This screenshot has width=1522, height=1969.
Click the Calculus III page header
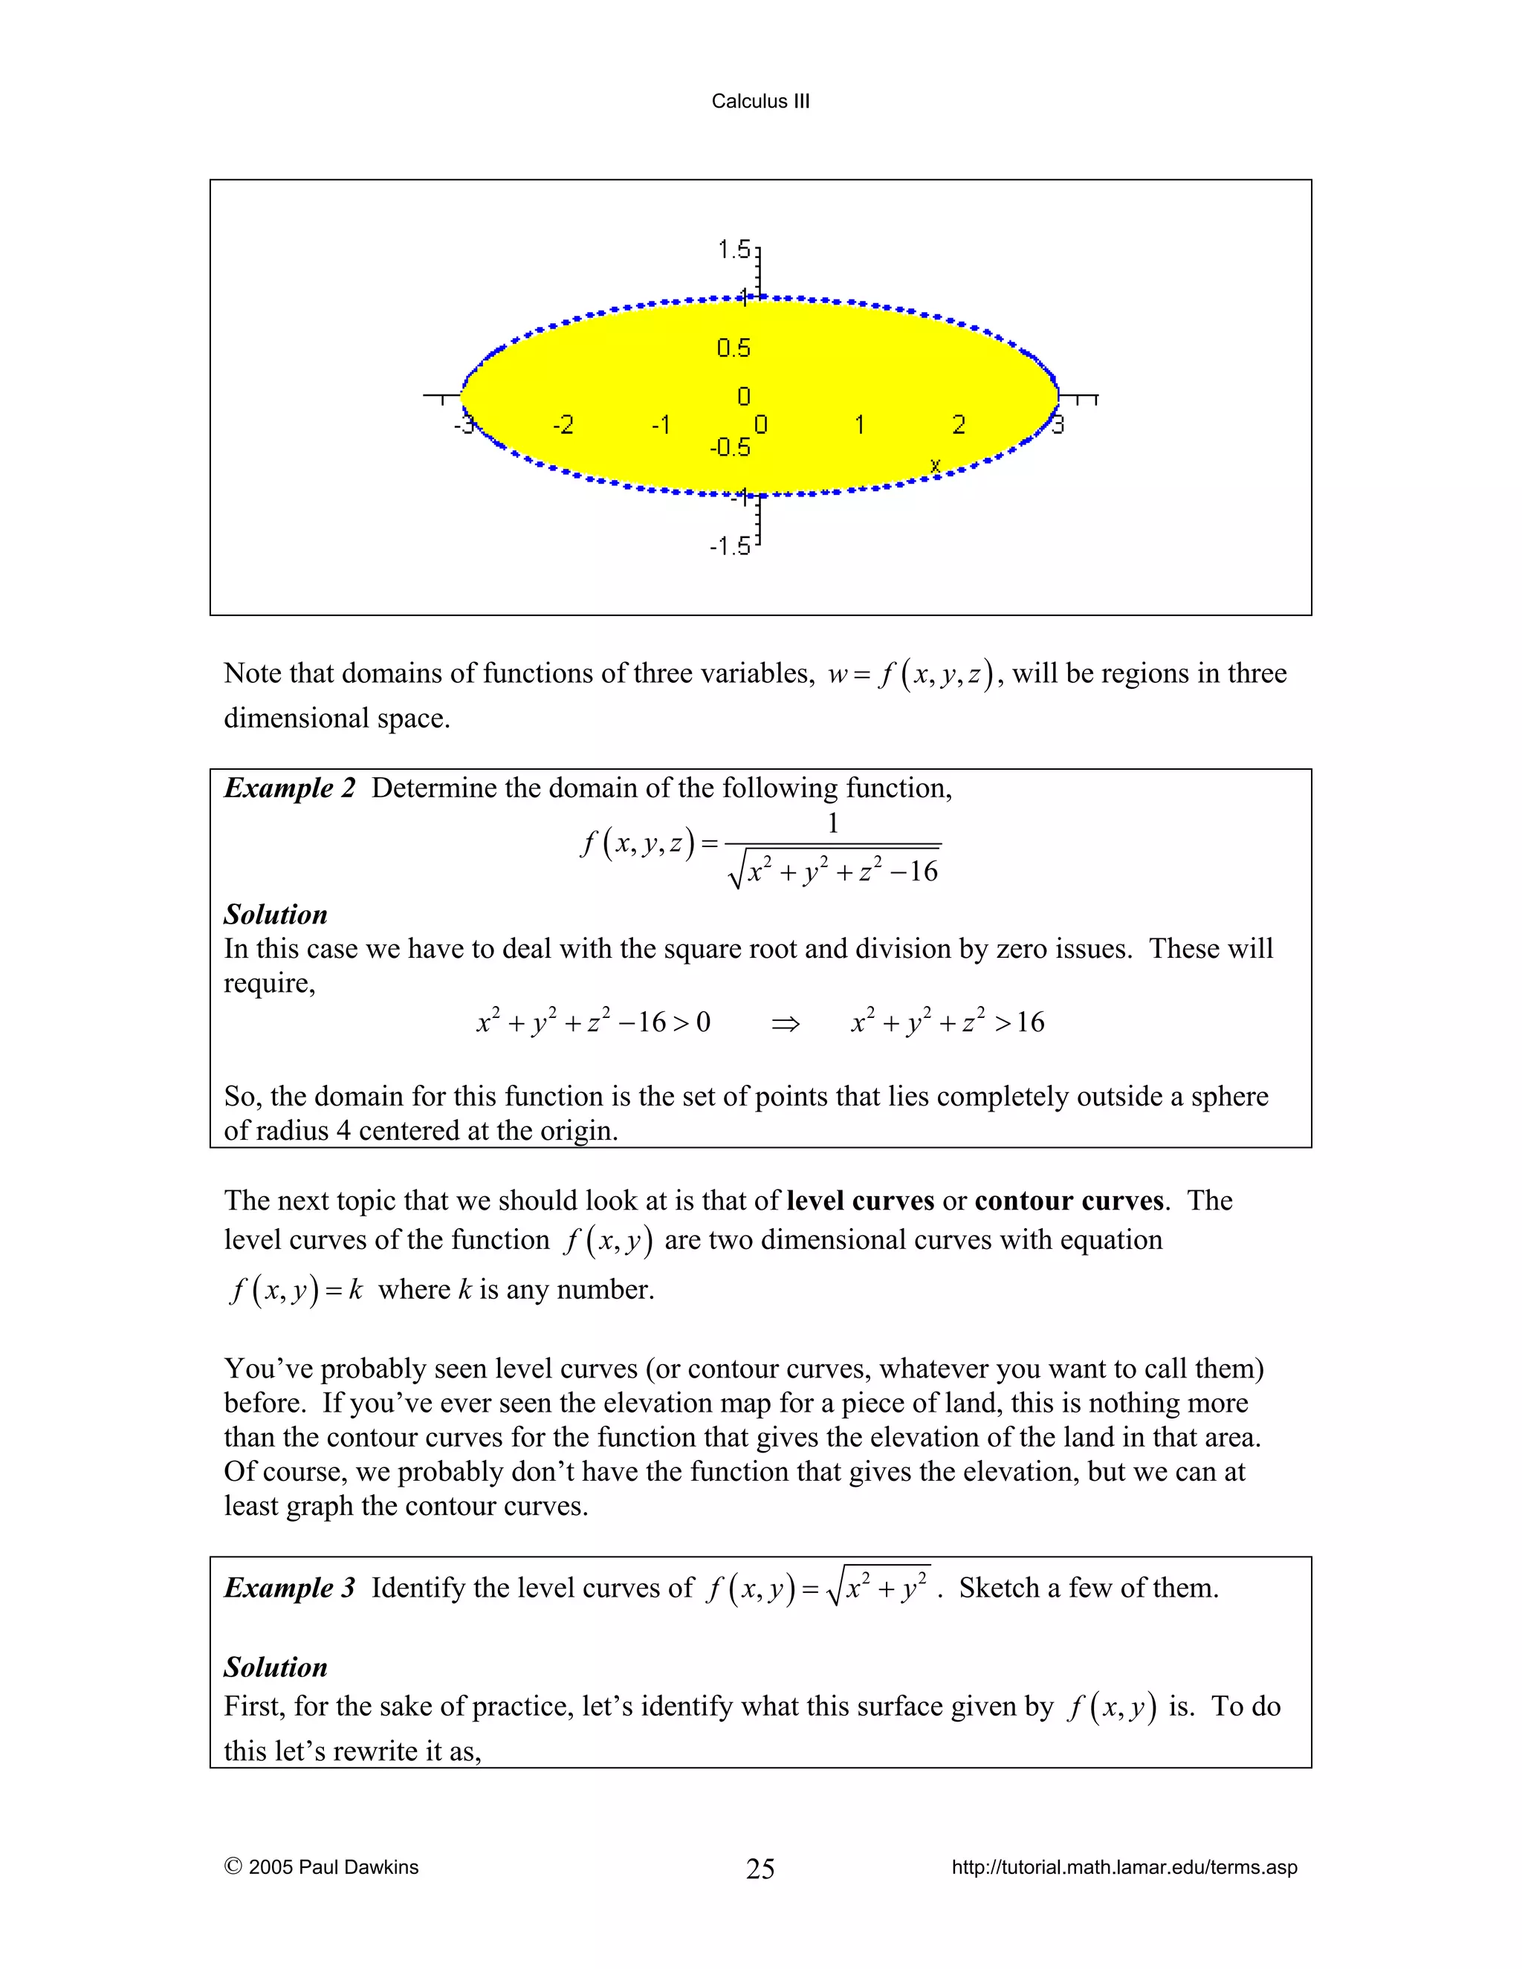760,101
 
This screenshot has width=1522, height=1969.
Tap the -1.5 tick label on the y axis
730,545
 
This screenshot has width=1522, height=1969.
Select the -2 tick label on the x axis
563,424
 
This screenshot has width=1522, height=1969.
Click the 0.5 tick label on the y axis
733,348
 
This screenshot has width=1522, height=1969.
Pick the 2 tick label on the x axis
959,424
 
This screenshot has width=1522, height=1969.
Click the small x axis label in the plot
935,465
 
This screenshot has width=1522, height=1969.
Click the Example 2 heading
289,788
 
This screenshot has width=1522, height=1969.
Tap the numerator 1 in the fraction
833,823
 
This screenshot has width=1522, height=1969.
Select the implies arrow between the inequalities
786,1023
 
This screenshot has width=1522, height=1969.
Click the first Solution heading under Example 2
275,914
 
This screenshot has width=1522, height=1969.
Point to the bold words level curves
860,1201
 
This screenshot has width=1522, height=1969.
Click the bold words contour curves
1069,1201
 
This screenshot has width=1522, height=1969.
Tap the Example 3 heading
289,1588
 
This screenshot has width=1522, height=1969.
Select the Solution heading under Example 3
275,1667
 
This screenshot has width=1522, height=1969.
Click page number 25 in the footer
760,1869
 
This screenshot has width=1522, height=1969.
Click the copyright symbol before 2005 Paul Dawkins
233,1866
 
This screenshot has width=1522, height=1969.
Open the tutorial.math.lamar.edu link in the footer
1124,1867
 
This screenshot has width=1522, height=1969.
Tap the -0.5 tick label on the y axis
730,447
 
